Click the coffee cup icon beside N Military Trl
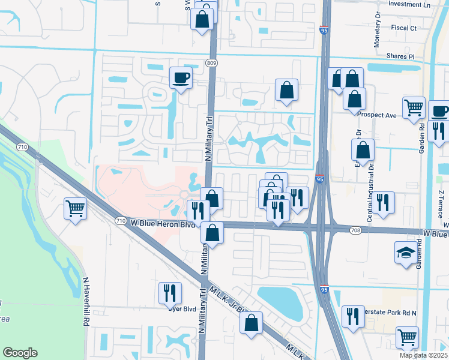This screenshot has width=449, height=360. coord(181,77)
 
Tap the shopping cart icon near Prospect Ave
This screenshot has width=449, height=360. coord(414,108)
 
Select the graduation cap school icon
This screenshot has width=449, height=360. coord(405,253)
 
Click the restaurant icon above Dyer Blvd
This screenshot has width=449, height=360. coord(169,293)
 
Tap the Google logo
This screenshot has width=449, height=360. coord(20,353)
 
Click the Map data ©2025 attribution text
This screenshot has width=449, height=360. coord(423,355)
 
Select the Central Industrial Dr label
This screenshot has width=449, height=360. coord(370,197)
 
